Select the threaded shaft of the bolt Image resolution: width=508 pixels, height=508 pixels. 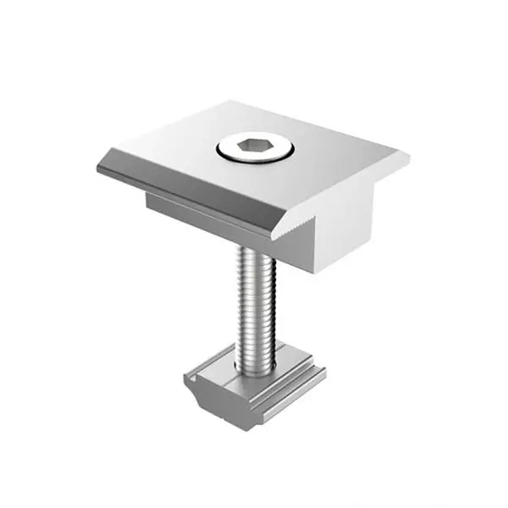[x=257, y=305]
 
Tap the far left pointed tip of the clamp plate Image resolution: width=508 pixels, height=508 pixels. [x=99, y=167]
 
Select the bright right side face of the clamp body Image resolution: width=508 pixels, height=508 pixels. [x=347, y=220]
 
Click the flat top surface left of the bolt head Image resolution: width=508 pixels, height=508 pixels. [x=186, y=148]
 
